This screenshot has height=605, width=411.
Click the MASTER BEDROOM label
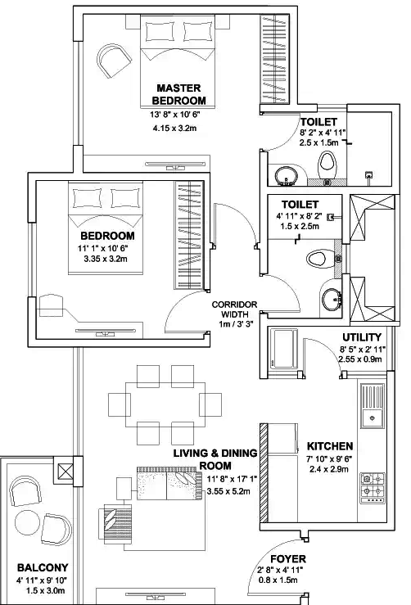click(178, 94)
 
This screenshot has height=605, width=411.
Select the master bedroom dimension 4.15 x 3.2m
click(178, 129)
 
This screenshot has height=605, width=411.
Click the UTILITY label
click(361, 337)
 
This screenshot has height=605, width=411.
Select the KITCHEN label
click(330, 446)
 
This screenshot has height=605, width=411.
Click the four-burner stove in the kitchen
click(373, 486)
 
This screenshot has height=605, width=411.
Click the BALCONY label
click(43, 567)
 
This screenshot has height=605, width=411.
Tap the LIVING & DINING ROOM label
click(215, 459)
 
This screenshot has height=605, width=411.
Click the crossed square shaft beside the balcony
click(64, 472)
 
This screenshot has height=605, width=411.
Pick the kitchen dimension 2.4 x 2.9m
click(330, 471)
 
